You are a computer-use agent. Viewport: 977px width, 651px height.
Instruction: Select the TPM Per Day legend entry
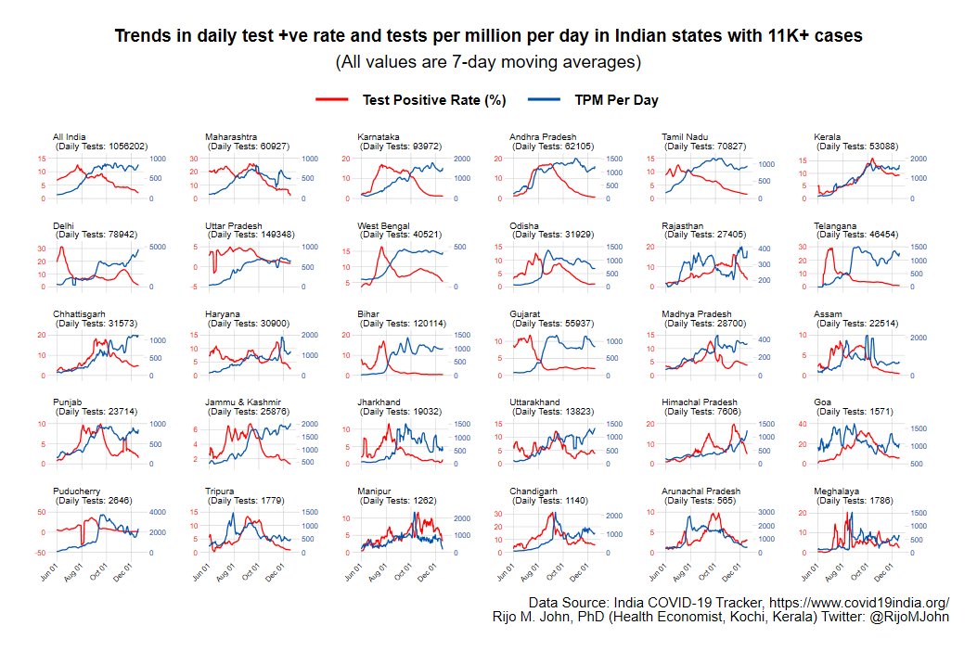pyautogui.click(x=593, y=100)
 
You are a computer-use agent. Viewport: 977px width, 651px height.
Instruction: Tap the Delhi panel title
pyautogui.click(x=64, y=225)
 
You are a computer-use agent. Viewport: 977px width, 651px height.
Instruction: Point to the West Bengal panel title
pyautogui.click(x=383, y=225)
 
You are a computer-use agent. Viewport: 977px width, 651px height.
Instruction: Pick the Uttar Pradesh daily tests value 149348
pyautogui.click(x=276, y=235)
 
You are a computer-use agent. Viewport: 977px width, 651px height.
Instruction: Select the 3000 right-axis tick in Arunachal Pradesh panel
pyautogui.click(x=767, y=512)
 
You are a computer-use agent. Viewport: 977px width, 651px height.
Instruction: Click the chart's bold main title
pyautogui.click(x=488, y=36)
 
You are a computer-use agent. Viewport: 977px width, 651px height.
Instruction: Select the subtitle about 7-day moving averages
pyautogui.click(x=488, y=63)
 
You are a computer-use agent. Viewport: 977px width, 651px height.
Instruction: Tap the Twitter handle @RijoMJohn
pyautogui.click(x=909, y=617)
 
